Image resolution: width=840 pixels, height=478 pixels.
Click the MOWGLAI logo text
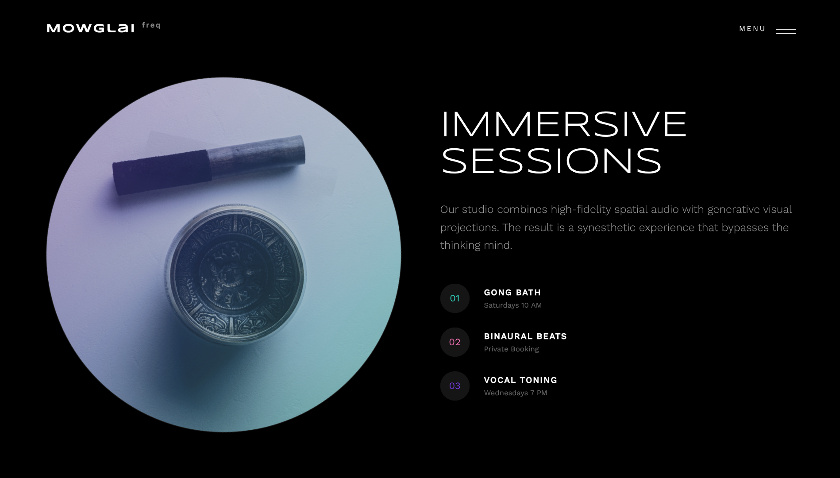90,28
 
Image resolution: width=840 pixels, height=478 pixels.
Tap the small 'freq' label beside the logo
151,26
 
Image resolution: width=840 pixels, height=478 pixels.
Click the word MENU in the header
752,29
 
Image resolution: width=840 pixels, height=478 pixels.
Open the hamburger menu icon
786,29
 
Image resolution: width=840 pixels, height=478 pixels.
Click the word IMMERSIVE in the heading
564,124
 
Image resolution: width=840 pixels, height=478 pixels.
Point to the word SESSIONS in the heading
551,161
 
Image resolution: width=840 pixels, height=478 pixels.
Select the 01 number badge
455,298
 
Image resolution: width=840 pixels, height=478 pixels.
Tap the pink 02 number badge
455,342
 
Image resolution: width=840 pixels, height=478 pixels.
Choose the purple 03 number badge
455,386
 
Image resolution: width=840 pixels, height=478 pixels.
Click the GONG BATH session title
512,293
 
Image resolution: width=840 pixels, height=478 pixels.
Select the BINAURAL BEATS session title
525,336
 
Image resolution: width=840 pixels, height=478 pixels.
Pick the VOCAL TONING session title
520,380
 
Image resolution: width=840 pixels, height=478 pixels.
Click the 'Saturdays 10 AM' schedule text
513,305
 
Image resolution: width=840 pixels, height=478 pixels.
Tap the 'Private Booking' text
511,349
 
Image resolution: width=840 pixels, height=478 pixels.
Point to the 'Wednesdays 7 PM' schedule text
516,393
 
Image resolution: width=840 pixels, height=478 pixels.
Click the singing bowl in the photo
235,274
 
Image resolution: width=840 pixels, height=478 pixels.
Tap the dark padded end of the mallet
162,172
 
